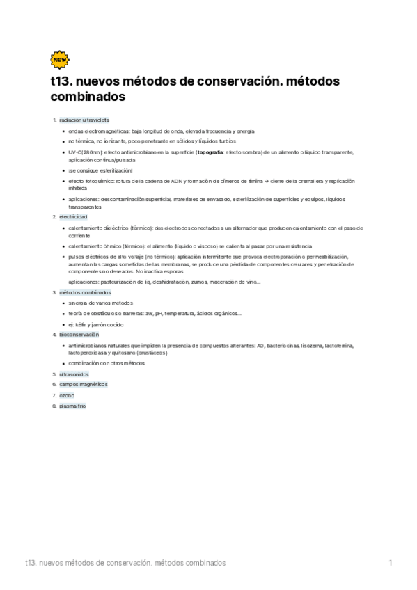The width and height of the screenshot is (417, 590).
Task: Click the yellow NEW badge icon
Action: (x=60, y=61)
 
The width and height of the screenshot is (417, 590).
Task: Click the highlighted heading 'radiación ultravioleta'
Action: (x=84, y=120)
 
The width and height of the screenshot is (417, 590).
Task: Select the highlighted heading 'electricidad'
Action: (x=73, y=218)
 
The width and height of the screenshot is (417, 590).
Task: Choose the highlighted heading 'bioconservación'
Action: (x=79, y=335)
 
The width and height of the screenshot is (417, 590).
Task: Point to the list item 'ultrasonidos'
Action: (x=74, y=374)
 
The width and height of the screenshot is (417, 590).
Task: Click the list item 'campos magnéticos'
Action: (x=84, y=384)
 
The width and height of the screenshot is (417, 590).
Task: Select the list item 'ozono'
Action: (x=67, y=395)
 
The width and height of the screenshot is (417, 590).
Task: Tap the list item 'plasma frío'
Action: (x=72, y=406)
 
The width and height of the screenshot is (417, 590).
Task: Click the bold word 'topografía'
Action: (x=210, y=152)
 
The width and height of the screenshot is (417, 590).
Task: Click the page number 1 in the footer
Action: (x=391, y=562)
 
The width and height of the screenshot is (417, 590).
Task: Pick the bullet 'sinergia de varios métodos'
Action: (x=100, y=303)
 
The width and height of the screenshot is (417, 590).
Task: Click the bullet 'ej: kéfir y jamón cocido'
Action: (x=96, y=324)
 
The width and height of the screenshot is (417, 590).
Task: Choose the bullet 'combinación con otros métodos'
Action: (x=107, y=363)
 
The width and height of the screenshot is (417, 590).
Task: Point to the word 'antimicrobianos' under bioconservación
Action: (x=87, y=345)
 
